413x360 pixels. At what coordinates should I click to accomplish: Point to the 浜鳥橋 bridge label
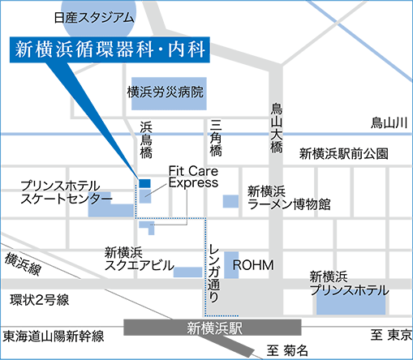(146, 139)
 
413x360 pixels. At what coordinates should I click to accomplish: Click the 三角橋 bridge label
(215, 139)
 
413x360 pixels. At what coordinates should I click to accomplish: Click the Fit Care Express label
(193, 178)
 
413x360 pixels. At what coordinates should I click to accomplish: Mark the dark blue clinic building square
(144, 183)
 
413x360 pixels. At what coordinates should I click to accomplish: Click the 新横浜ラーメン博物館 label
(289, 199)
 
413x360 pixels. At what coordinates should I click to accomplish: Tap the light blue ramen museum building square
(230, 199)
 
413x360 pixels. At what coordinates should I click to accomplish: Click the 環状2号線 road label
(39, 300)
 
